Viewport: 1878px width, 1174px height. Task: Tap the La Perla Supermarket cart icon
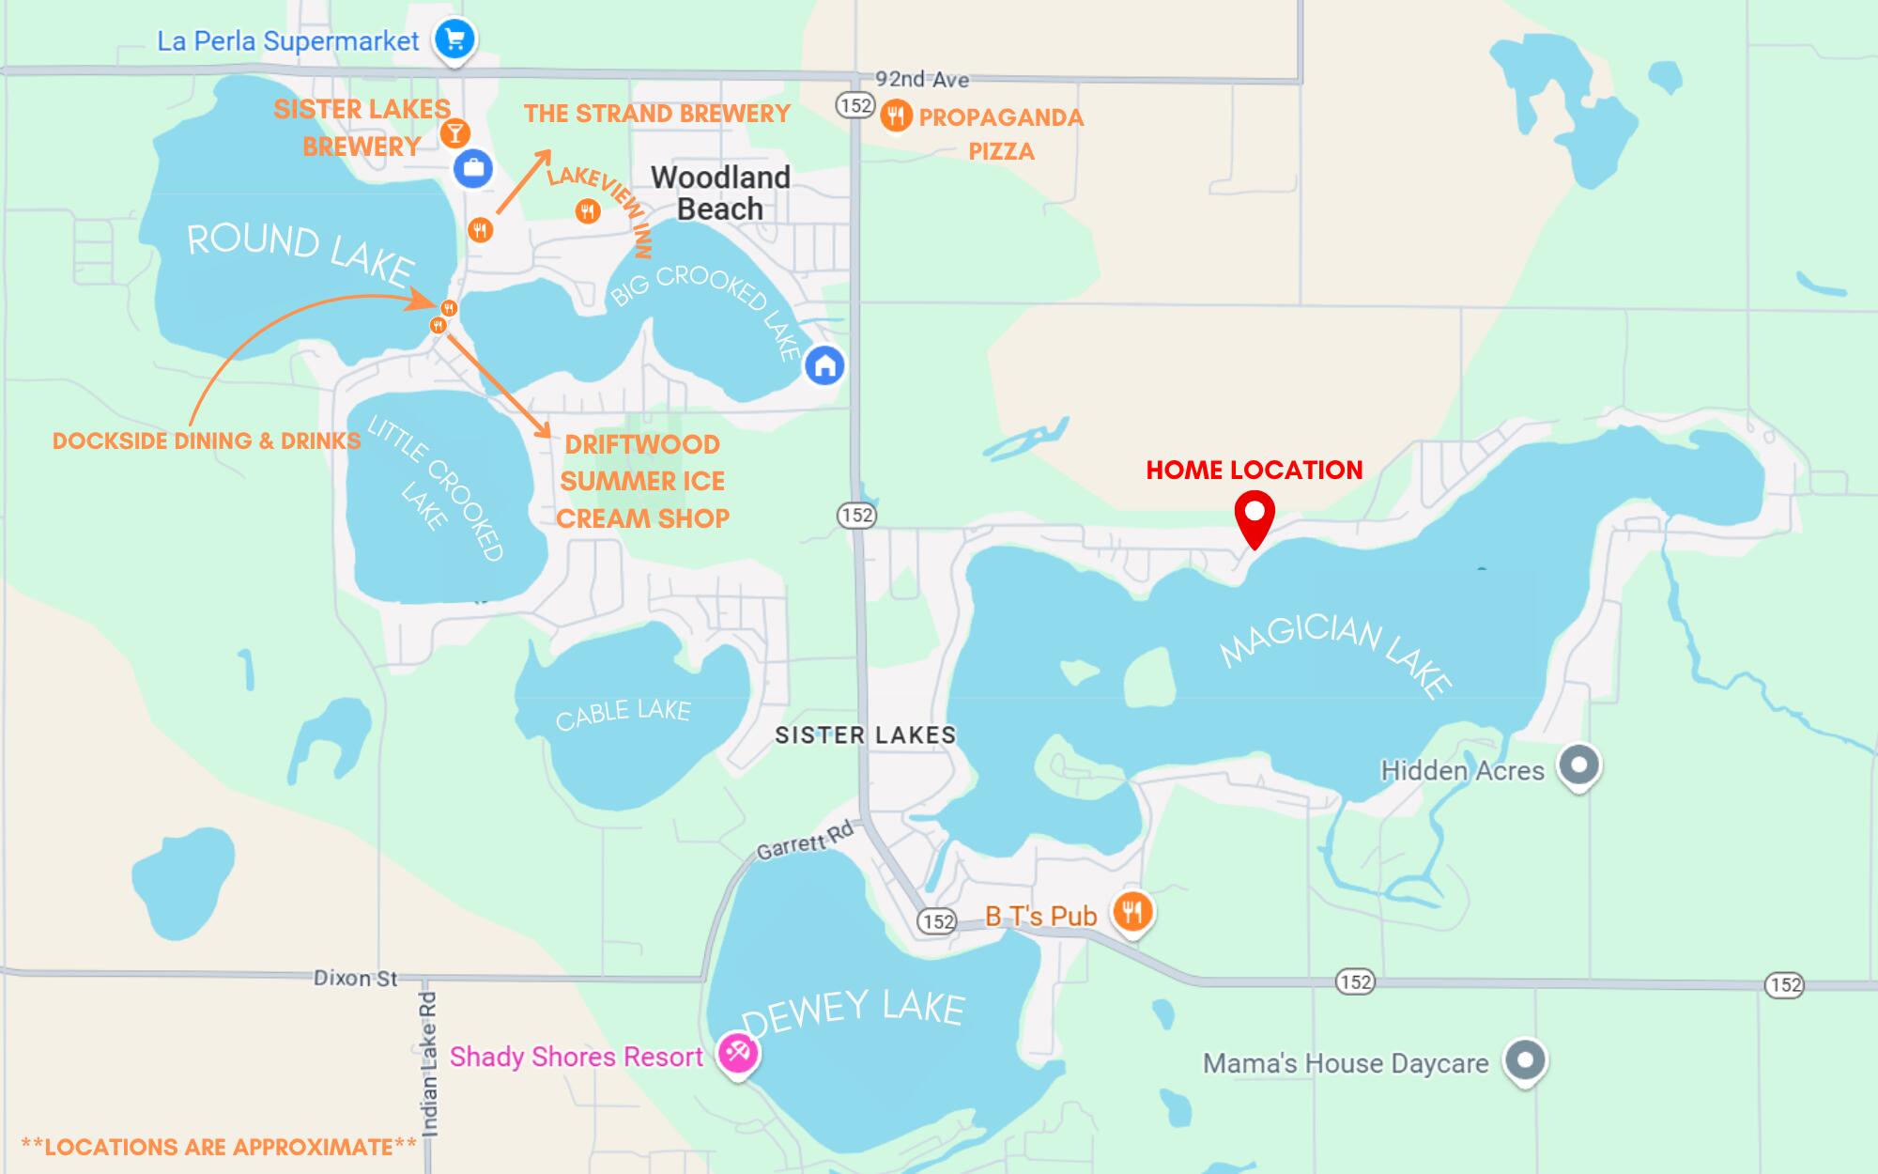pos(454,39)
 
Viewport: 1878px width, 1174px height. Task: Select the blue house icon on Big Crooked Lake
pos(824,365)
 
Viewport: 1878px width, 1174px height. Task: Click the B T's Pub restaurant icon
pos(1132,911)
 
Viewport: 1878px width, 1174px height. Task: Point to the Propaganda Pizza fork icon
pos(897,116)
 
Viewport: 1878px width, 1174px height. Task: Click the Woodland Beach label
pos(720,193)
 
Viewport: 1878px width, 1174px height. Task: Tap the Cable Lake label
pos(623,713)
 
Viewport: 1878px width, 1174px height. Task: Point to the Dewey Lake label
pos(853,1012)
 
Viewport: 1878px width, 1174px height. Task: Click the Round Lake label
pos(300,251)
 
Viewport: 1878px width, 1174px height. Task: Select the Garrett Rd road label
pos(805,840)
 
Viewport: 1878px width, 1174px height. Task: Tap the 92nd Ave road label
pos(921,79)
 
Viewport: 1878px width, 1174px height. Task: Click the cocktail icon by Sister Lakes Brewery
pos(454,133)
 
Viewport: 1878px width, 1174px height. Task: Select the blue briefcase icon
pos(472,169)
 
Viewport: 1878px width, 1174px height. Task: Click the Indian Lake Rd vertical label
pos(429,1063)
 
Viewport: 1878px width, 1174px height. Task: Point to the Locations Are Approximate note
pos(218,1147)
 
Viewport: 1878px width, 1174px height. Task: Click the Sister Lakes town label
pos(865,734)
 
